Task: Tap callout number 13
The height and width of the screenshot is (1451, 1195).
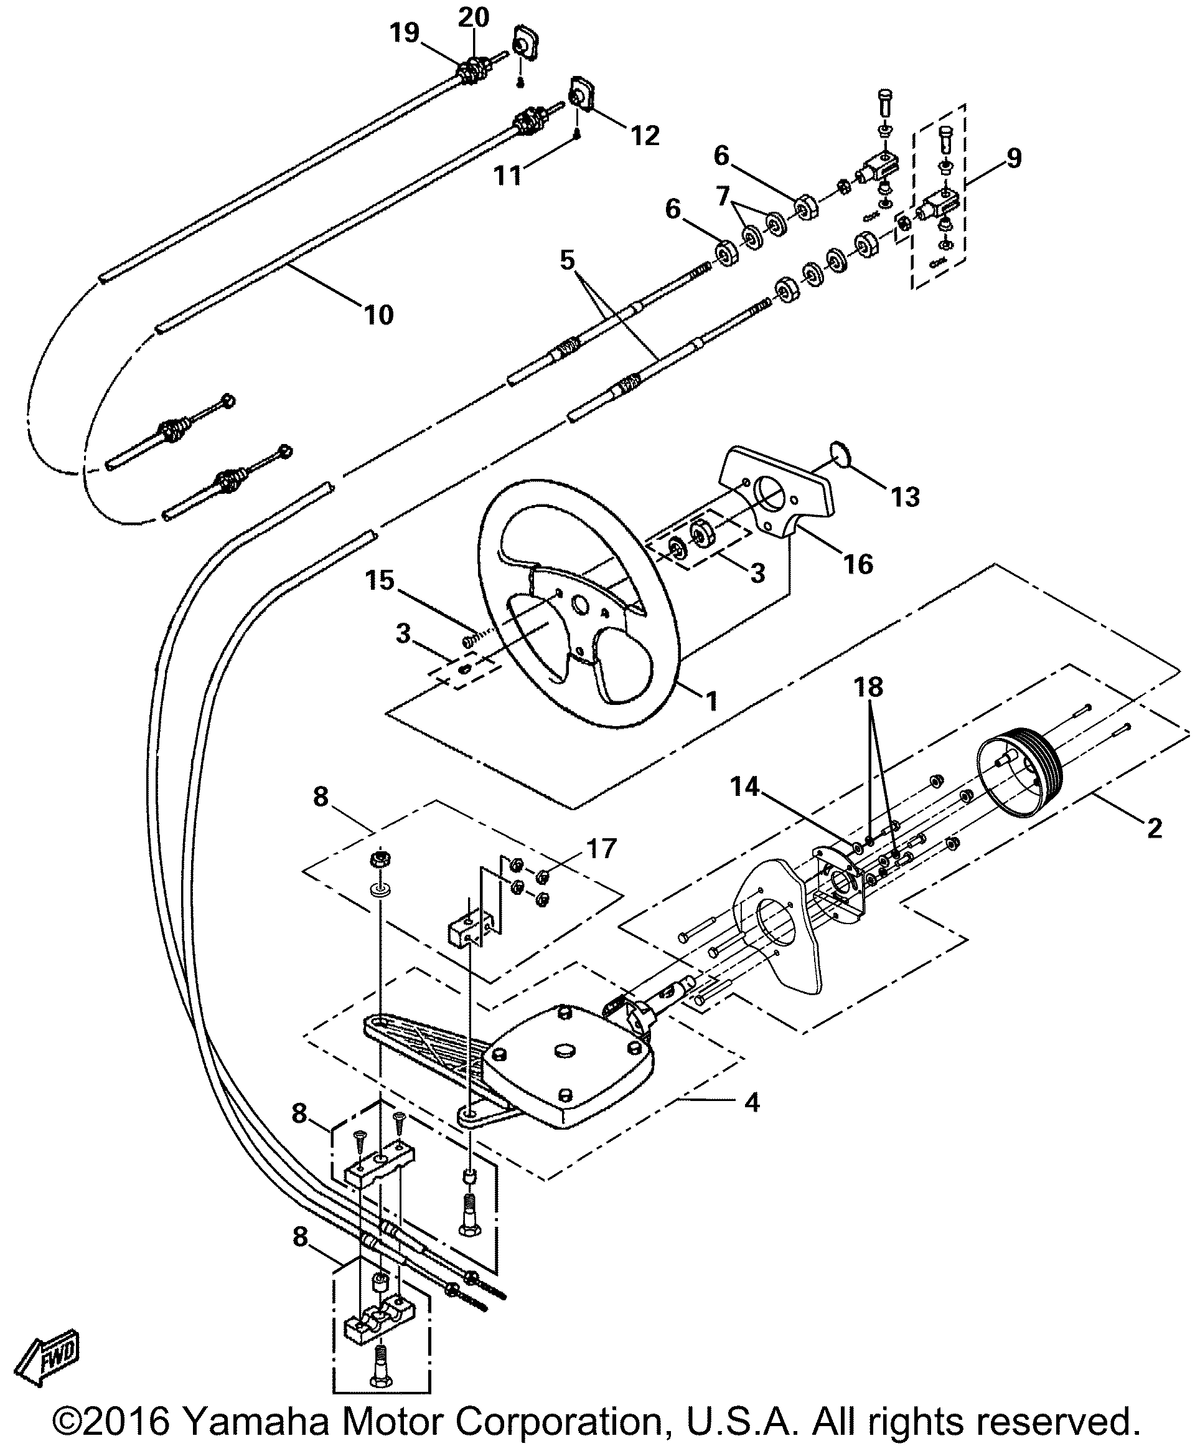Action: [x=905, y=496]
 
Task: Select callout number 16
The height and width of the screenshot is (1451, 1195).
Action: [x=858, y=564]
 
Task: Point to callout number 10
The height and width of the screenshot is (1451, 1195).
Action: [x=378, y=314]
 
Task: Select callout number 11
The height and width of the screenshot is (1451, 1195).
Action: [x=508, y=175]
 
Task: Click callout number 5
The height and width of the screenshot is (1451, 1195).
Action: [x=566, y=261]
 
